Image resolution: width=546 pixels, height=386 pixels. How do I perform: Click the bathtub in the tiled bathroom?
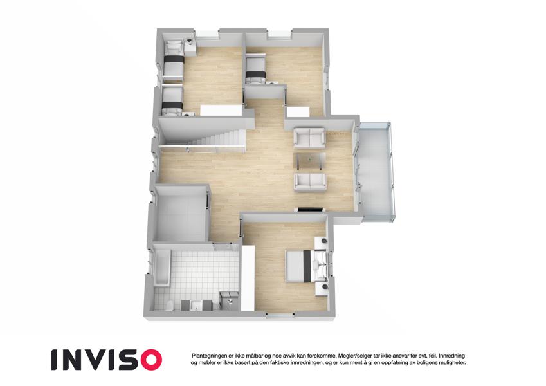[162, 267]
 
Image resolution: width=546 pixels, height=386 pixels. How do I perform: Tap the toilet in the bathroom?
[170, 306]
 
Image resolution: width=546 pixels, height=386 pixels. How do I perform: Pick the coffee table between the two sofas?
[309, 161]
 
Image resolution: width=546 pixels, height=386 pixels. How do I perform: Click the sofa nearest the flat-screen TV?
[310, 182]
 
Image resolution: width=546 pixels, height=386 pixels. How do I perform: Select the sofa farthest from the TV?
[309, 137]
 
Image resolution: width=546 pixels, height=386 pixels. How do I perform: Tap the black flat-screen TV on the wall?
[309, 209]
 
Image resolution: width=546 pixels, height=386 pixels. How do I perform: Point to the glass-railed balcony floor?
[376, 172]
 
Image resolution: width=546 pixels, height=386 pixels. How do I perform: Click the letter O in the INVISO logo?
[148, 360]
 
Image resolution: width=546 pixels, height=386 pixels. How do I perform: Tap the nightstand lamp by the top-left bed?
[189, 41]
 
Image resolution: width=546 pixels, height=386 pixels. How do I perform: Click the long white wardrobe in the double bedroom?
[248, 278]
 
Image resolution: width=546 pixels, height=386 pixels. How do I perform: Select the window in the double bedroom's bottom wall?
[280, 316]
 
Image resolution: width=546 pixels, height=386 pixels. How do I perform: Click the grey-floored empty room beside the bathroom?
[181, 214]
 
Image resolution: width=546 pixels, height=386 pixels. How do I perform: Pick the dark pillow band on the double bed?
[307, 266]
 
